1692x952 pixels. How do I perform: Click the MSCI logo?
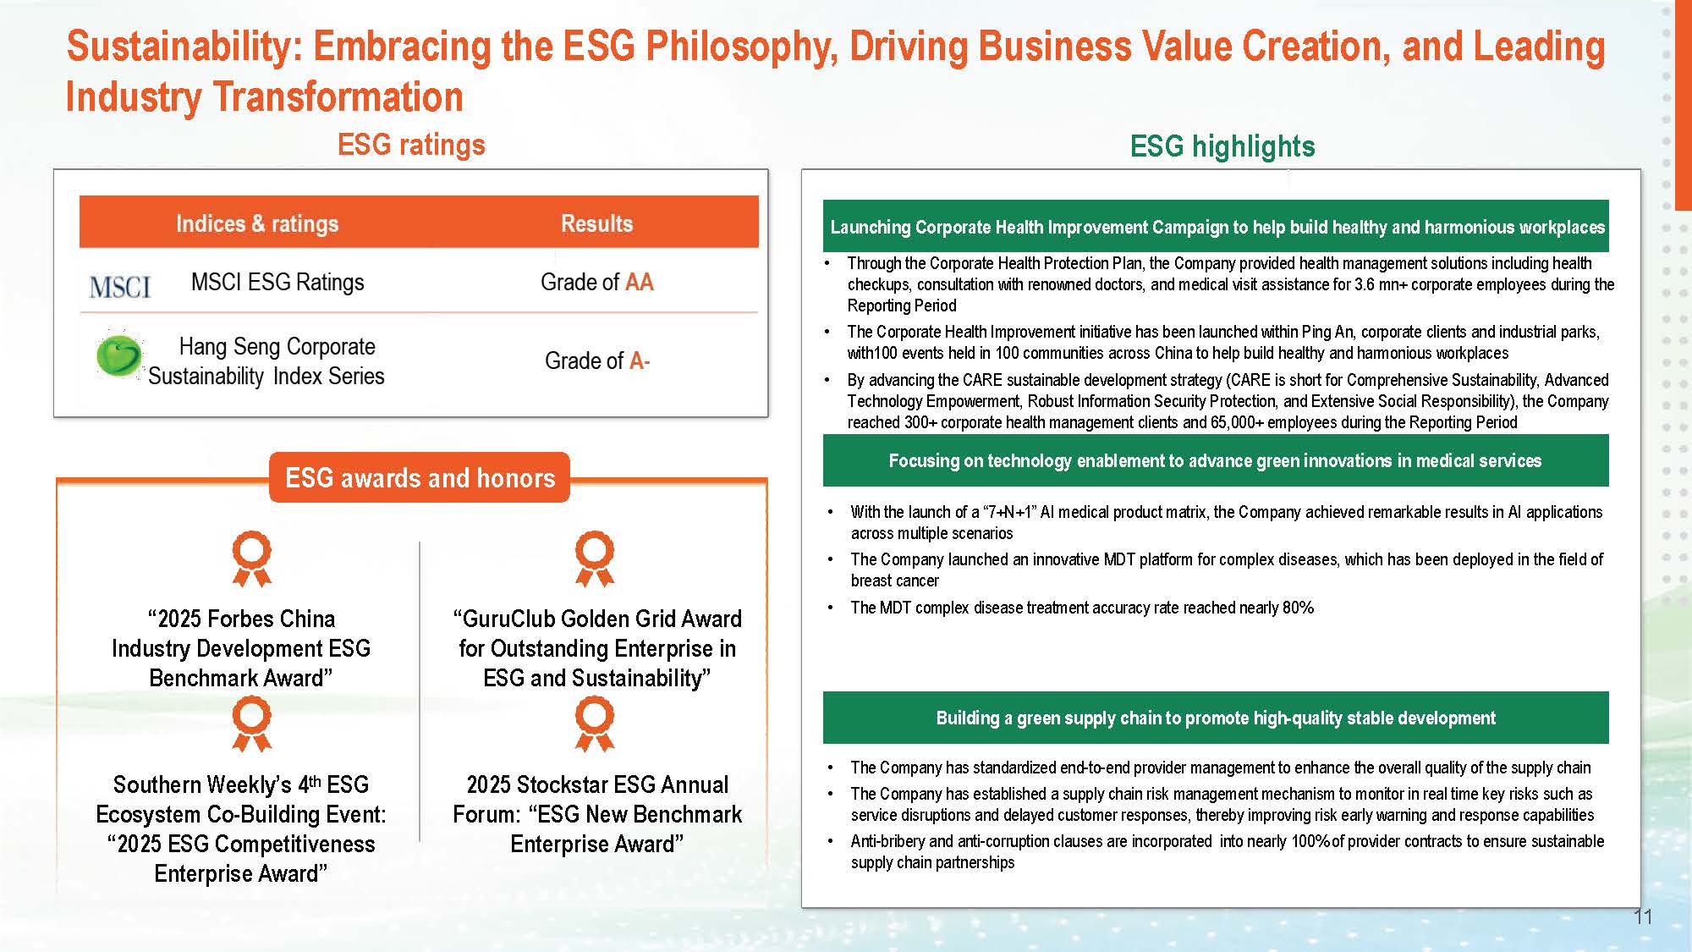[x=120, y=286]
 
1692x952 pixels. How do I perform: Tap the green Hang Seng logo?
[x=119, y=355]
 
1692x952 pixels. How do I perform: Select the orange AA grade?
[x=640, y=282]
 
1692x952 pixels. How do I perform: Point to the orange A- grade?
[x=640, y=360]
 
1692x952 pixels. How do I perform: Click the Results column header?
[x=596, y=223]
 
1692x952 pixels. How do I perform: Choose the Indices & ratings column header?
[x=257, y=223]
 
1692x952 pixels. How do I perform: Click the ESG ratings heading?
[x=411, y=145]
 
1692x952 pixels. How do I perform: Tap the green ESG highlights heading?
[x=1222, y=146]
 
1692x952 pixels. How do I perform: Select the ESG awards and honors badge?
[x=420, y=477]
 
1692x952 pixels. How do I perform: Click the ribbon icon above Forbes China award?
[x=252, y=559]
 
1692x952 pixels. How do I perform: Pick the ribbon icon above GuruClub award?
[x=595, y=559]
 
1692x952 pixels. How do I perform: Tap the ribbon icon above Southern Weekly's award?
[x=252, y=724]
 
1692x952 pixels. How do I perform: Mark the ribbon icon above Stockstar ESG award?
[x=595, y=724]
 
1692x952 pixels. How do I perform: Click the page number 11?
[x=1643, y=916]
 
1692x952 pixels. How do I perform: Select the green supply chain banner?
[x=1216, y=718]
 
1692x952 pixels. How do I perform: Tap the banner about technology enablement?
[x=1216, y=460]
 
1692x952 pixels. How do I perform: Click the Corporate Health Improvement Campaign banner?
[x=1216, y=226]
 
